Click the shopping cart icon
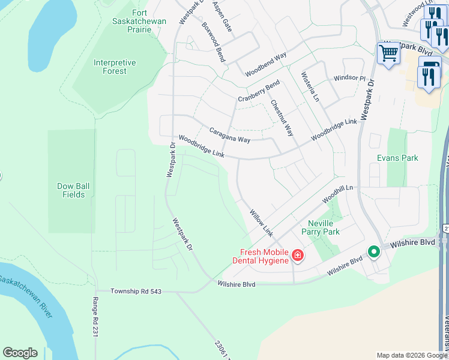388,53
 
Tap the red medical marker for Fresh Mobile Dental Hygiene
297,257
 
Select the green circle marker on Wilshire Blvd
373,252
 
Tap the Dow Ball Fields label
74,190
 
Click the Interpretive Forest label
114,67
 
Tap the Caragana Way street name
229,135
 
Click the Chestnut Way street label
282,118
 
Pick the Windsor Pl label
349,78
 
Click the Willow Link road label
261,222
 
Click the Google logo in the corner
20,353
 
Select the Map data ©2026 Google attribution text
412,355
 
